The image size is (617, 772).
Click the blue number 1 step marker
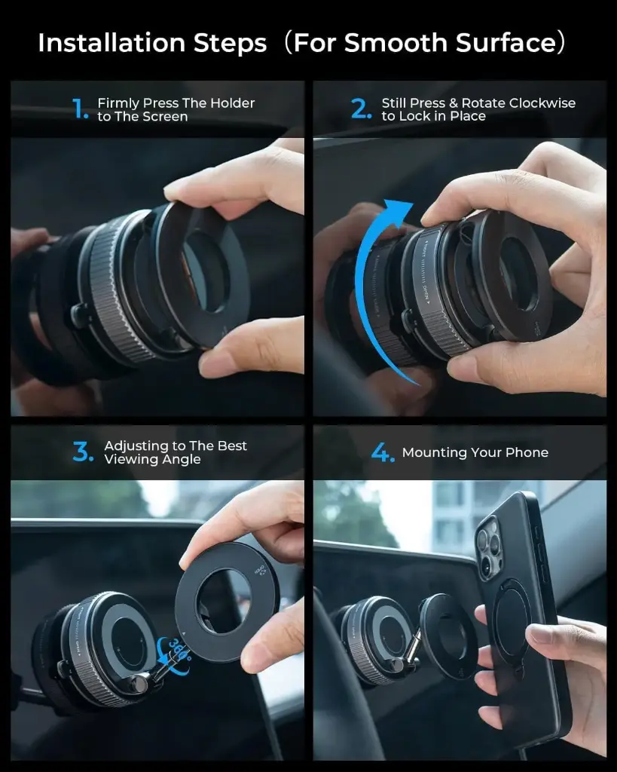click(81, 110)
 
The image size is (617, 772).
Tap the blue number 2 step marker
click(362, 110)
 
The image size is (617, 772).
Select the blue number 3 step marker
click(82, 452)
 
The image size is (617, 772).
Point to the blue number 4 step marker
click(383, 453)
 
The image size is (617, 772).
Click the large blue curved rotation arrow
click(369, 286)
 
